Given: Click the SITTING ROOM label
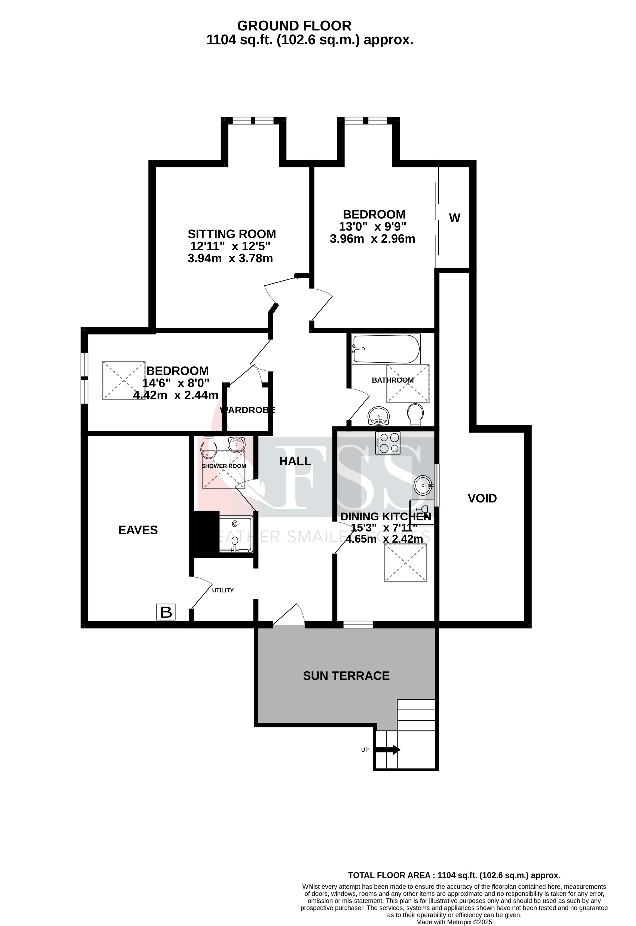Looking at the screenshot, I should (232, 234).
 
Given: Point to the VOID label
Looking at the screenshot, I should (482, 498).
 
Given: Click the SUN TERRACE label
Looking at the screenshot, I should (346, 676).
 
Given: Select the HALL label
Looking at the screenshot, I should (295, 461).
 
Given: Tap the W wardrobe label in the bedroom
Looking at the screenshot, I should (455, 218).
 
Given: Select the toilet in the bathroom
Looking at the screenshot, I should (416, 415).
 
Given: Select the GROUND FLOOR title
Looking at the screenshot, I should (294, 26).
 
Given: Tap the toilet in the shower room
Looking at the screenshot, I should (209, 448).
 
